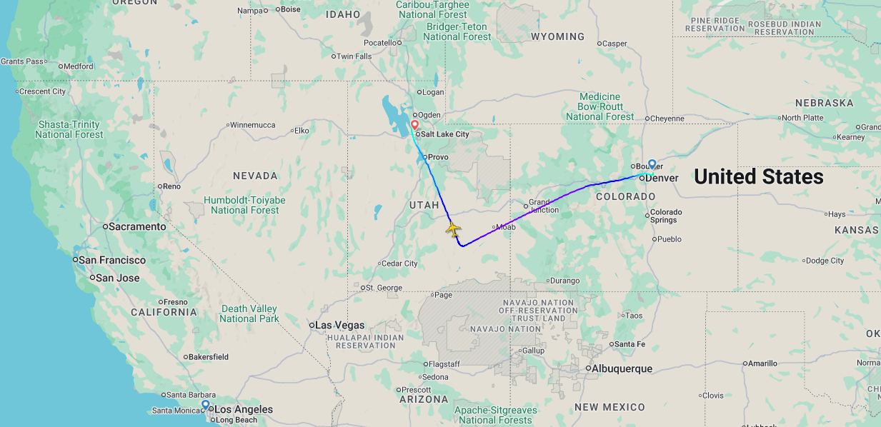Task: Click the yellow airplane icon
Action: (453, 230)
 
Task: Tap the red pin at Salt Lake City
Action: (414, 125)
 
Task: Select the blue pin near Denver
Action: (652, 164)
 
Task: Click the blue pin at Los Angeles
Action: (206, 405)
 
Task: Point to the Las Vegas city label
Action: (339, 325)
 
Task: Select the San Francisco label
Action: (112, 260)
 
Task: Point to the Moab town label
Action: (505, 227)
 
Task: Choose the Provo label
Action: (438, 157)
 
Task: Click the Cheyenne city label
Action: (666, 119)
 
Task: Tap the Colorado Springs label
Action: (666, 216)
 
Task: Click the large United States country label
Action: (759, 176)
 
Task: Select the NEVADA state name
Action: (255, 176)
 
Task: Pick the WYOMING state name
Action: (557, 36)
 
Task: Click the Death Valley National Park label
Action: (249, 313)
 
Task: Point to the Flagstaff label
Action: (443, 363)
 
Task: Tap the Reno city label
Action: (171, 186)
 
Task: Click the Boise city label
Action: (291, 9)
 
